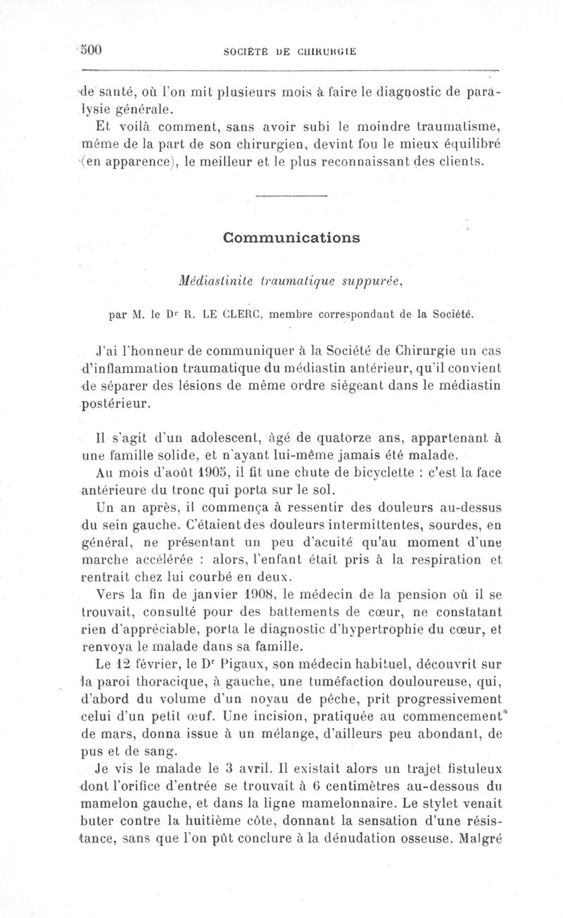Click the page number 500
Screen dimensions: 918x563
(x=91, y=49)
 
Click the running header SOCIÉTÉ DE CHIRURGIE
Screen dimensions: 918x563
(x=290, y=51)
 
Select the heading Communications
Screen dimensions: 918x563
(x=291, y=237)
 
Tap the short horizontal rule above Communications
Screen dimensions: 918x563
(x=291, y=195)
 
